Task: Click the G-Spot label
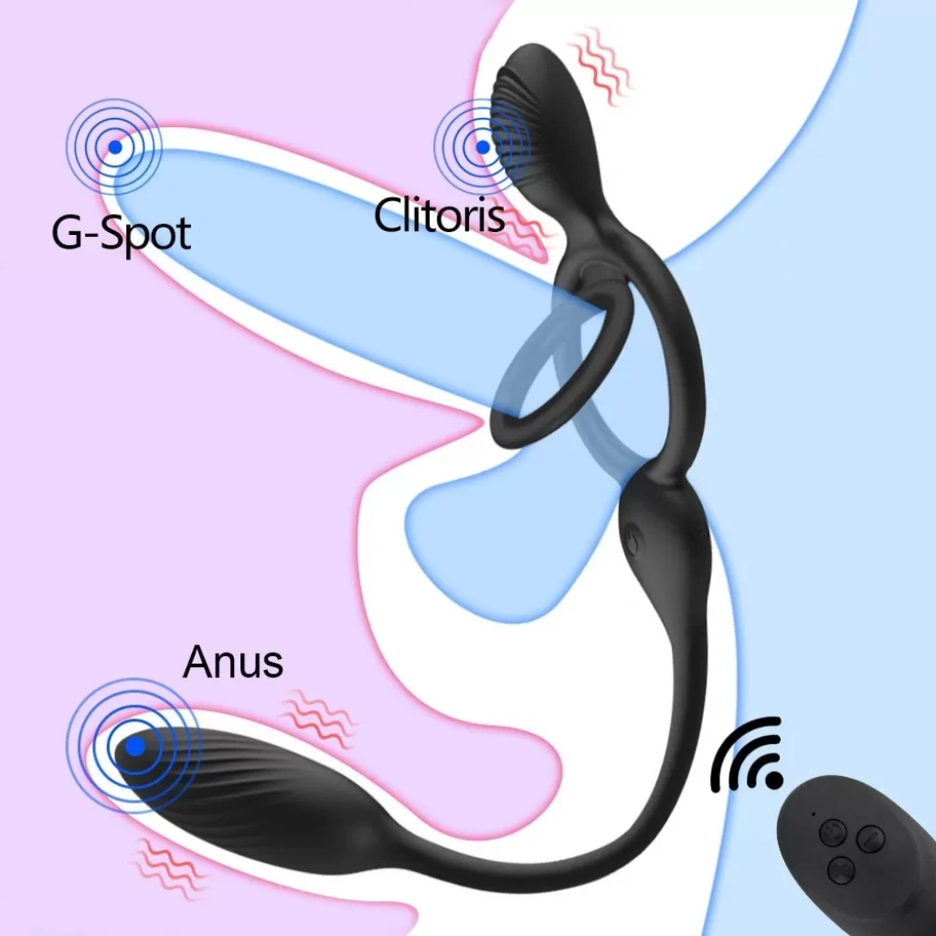(121, 233)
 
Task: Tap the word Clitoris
(439, 216)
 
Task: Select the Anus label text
(232, 662)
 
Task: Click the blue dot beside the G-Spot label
(114, 146)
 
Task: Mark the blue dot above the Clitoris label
(482, 146)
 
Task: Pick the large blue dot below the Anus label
(134, 747)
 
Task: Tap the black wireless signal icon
(748, 755)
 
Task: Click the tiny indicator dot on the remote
(813, 814)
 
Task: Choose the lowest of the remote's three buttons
(839, 867)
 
